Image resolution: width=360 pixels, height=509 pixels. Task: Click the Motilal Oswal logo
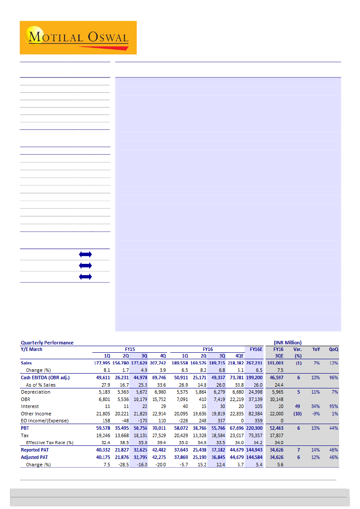point(78,37)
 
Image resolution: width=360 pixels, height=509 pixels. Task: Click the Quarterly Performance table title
point(47,343)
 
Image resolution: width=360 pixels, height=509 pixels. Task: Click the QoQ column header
point(333,349)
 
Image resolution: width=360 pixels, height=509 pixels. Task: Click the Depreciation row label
point(36,392)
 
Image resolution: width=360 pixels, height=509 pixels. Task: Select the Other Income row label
point(36,414)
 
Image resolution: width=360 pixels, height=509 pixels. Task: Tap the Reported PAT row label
point(37,450)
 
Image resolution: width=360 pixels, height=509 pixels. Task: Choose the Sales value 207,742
point(158,363)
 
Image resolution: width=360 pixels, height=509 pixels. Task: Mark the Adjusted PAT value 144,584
point(254,457)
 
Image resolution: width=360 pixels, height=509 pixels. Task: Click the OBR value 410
point(202,399)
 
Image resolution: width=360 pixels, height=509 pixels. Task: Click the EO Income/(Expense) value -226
point(182,421)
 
